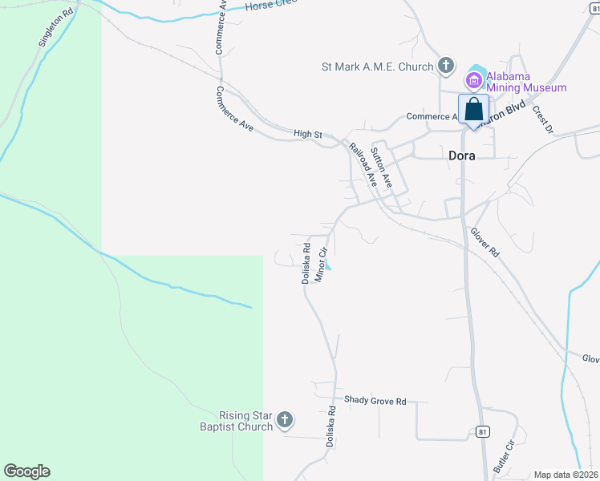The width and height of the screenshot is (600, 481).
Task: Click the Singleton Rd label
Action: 55,29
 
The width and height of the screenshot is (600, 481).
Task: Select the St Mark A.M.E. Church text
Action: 377,67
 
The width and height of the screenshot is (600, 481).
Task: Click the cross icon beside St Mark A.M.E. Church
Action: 446,67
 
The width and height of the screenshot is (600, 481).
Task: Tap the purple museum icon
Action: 473,80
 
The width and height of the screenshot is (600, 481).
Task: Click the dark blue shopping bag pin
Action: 474,110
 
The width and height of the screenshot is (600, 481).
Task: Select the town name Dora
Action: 462,156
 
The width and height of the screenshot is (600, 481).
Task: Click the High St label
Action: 307,134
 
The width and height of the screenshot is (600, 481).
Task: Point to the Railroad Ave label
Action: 363,164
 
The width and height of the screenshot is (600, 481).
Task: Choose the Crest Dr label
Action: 543,119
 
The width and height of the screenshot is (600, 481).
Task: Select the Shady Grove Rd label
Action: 375,400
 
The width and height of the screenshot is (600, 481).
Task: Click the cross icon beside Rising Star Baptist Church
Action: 284,419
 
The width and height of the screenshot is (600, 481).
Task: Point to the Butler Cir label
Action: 504,455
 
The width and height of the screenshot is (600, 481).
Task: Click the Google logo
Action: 26,471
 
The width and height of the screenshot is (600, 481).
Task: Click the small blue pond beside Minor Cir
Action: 328,267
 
